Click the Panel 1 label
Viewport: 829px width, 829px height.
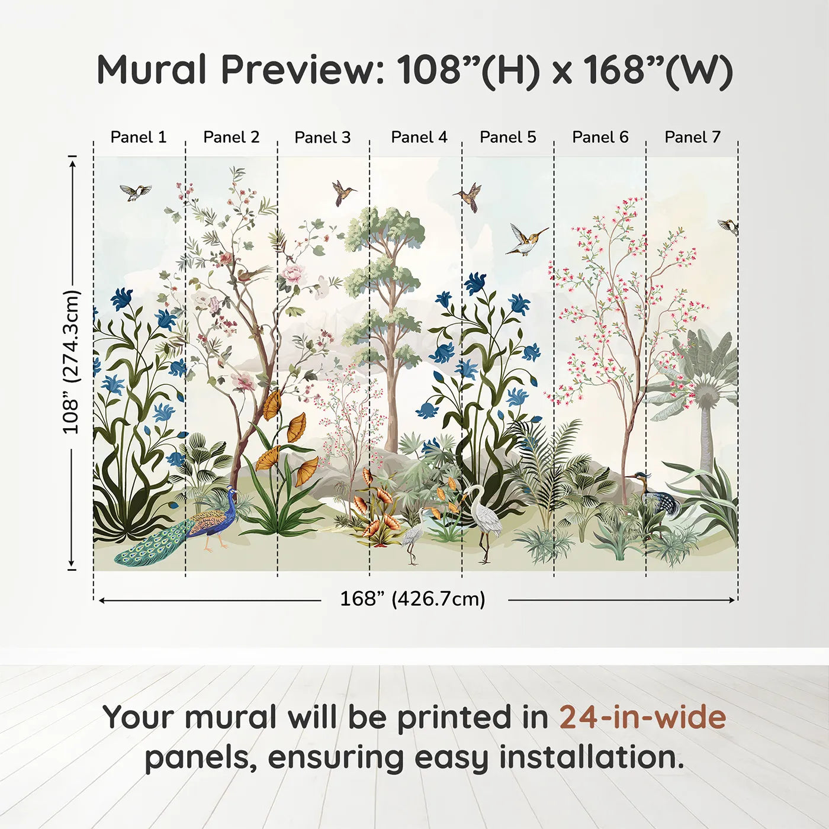click(138, 137)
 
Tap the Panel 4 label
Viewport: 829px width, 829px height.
click(419, 137)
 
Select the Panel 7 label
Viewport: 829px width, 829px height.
click(692, 137)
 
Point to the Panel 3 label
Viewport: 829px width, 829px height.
click(323, 137)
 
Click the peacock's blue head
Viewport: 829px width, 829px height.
click(232, 490)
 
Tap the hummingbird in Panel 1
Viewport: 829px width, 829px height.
click(136, 192)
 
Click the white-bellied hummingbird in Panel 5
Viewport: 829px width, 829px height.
click(526, 240)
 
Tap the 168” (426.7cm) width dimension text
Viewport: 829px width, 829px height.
click(413, 599)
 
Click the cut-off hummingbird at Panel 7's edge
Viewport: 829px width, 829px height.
click(728, 227)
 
